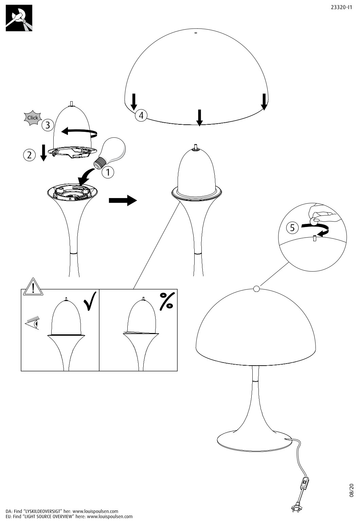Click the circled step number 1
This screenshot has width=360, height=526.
click(108, 172)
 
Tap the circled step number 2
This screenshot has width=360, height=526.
click(30, 155)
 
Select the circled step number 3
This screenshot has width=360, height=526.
click(48, 125)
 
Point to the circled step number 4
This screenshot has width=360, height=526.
click(141, 115)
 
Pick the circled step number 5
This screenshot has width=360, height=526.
click(292, 228)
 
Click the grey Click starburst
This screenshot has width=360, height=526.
click(33, 118)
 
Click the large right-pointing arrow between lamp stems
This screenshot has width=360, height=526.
click(123, 200)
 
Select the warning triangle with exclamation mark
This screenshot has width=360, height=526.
click(33, 287)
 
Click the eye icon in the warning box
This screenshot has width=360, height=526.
click(33, 323)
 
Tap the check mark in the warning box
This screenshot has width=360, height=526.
click(90, 301)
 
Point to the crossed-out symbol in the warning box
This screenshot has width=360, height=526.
click(167, 301)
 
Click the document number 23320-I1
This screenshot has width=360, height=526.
click(341, 7)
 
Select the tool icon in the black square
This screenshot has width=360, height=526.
click(19, 18)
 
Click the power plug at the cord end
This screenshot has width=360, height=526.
click(296, 509)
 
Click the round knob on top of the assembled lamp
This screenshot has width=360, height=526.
click(256, 288)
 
